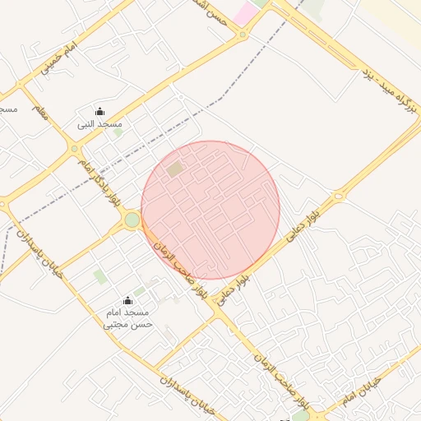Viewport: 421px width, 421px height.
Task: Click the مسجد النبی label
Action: [99, 124]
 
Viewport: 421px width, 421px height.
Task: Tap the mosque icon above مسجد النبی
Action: [99, 112]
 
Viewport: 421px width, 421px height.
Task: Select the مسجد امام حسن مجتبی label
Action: [127, 319]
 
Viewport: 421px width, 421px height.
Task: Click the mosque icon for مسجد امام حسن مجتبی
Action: [127, 301]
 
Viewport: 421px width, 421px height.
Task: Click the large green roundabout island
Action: [132, 220]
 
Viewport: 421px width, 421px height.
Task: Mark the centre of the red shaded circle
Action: [210, 210]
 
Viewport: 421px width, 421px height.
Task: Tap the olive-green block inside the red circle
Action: [174, 169]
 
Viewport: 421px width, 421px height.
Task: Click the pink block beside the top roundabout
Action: [245, 13]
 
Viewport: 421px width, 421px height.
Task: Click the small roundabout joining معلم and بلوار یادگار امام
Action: [75, 149]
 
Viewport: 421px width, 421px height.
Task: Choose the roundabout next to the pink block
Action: [242, 35]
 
